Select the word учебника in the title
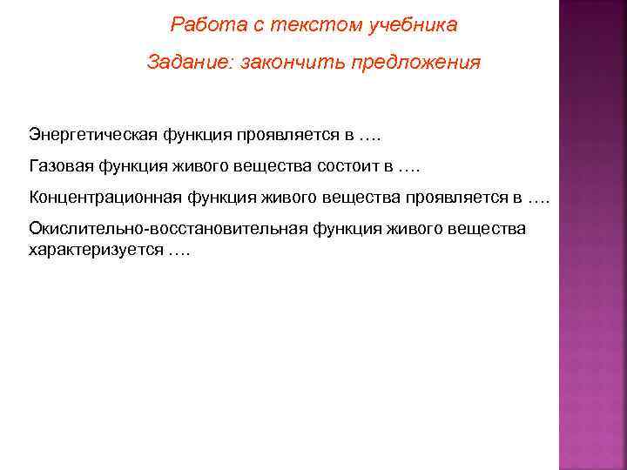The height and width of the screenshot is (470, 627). pyautogui.click(x=413, y=25)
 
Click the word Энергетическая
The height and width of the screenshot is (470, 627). pyautogui.click(x=93, y=136)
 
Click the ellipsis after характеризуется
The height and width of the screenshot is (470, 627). pyautogui.click(x=179, y=249)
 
